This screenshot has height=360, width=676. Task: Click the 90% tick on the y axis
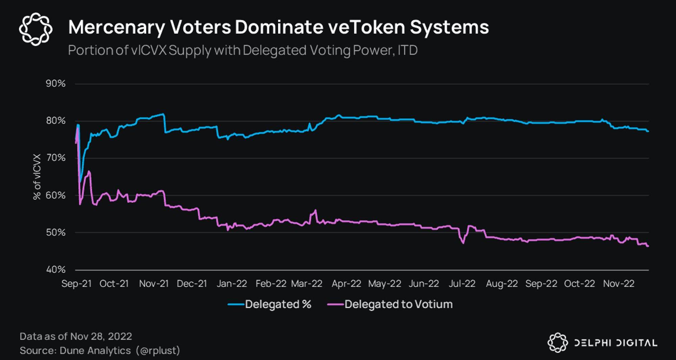56,83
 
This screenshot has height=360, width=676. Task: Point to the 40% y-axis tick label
56,270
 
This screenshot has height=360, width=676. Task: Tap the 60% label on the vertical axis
56,195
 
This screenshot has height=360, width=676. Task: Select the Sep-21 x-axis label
76,284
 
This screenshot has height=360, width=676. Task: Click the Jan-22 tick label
232,284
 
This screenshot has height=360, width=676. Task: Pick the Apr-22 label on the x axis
346,284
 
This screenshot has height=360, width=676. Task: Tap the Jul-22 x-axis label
462,284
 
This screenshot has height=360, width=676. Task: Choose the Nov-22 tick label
619,284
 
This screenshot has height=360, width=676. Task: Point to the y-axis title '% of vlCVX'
37,177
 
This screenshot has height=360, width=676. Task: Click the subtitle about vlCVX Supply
243,50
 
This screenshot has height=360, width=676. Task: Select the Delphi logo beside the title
35,29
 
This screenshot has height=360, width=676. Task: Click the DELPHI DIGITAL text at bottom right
616,343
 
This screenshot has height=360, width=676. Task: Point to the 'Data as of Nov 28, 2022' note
76,336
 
